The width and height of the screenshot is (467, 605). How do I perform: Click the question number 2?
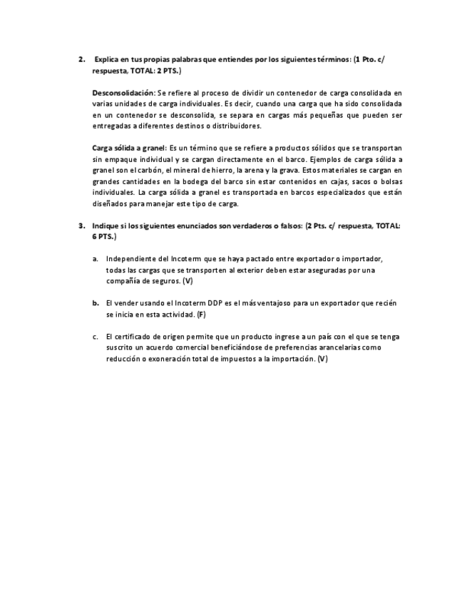pyautogui.click(x=81, y=60)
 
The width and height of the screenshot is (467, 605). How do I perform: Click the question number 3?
pyautogui.click(x=81, y=225)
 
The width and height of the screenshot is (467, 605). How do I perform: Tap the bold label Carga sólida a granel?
pyautogui.click(x=129, y=148)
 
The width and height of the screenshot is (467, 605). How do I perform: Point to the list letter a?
pyautogui.click(x=95, y=258)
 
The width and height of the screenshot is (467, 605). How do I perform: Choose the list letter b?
pyautogui.click(x=95, y=302)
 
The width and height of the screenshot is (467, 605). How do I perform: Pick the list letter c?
pyautogui.click(x=95, y=336)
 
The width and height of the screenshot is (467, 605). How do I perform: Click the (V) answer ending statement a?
pyautogui.click(x=187, y=281)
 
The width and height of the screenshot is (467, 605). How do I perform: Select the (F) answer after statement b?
pyautogui.click(x=201, y=314)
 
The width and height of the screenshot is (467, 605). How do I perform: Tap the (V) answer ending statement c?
pyautogui.click(x=323, y=359)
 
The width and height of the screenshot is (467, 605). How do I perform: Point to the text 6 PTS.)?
pyautogui.click(x=104, y=236)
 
